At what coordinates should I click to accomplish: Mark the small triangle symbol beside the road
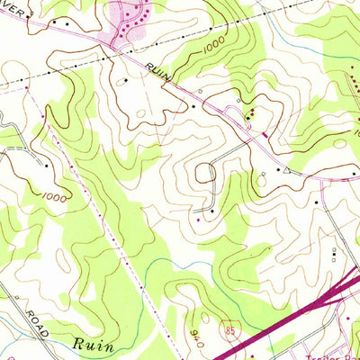286,168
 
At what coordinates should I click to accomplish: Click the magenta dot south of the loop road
198,219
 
